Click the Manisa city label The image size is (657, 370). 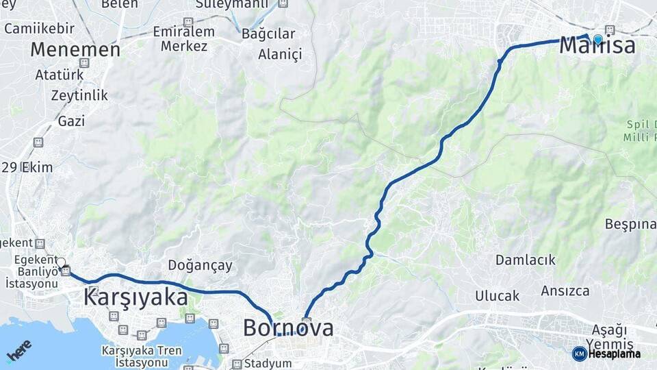click(x=597, y=46)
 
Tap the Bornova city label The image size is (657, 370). click(x=288, y=328)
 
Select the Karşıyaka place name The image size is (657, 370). click(x=136, y=297)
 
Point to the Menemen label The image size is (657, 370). click(x=75, y=49)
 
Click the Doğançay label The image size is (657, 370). click(x=201, y=265)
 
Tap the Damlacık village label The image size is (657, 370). click(x=526, y=260)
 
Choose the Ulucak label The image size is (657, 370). click(x=498, y=296)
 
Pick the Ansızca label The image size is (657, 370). click(x=565, y=291)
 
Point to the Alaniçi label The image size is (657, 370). click(x=279, y=55)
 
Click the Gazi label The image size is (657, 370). click(x=71, y=121)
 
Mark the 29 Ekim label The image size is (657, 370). click(x=27, y=167)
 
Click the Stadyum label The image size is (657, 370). click(x=267, y=363)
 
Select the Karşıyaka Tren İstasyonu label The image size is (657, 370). click(x=142, y=356)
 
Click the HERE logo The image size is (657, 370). click(x=18, y=349)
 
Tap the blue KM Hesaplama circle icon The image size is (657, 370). click(x=579, y=354)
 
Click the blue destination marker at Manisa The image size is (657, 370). click(x=598, y=39)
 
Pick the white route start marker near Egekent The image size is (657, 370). click(x=61, y=262)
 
